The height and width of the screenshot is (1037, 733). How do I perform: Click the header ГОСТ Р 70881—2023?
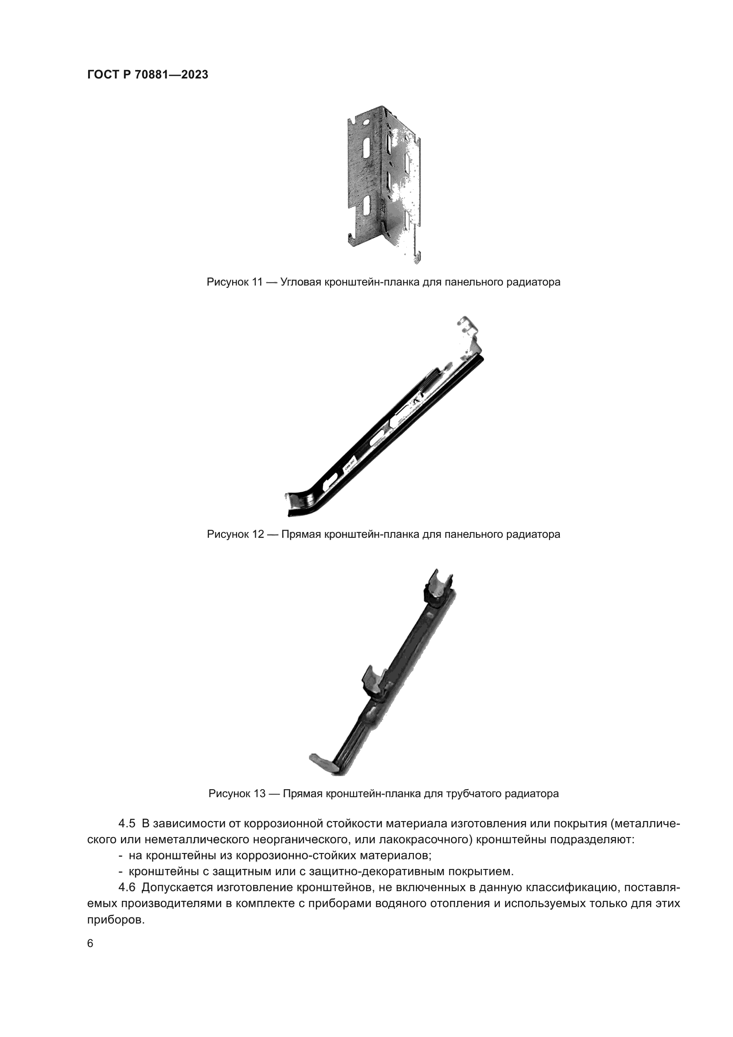pyautogui.click(x=148, y=75)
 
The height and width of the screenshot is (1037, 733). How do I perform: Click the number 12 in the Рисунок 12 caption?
pyautogui.click(x=257, y=534)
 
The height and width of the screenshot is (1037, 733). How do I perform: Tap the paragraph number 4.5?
pyautogui.click(x=127, y=823)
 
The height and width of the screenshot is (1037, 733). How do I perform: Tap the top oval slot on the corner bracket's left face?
pyautogui.click(x=366, y=146)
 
